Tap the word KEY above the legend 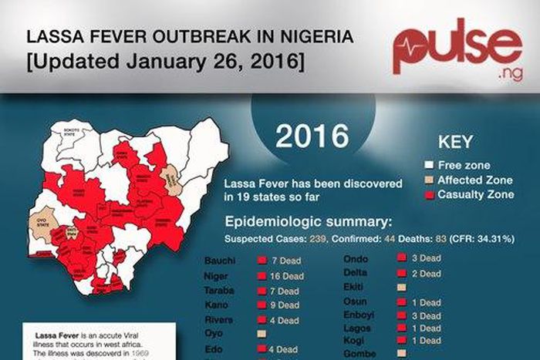point(454,143)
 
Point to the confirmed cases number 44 point(371,239)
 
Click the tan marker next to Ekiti point(401,287)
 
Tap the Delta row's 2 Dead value point(425,273)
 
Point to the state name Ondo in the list point(356,259)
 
